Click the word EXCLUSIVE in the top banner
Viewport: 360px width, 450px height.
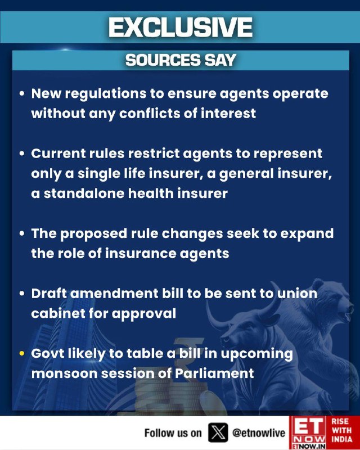(181, 27)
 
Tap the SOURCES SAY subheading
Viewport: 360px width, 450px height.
(181, 60)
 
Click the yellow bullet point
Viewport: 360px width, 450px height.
(22, 353)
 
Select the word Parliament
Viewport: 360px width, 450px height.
(214, 373)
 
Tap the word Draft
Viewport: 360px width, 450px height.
(49, 293)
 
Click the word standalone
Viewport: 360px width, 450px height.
(84, 193)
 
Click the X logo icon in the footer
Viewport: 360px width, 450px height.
(218, 433)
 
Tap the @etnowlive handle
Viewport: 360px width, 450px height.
(259, 433)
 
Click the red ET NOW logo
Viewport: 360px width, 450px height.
(308, 433)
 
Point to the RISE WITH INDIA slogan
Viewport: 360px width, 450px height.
(341, 430)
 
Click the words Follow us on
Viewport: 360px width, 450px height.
(173, 433)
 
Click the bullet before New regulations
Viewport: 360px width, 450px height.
(22, 93)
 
